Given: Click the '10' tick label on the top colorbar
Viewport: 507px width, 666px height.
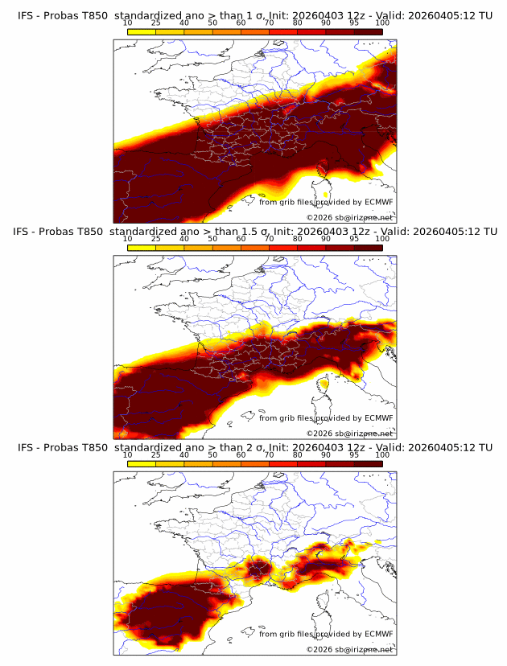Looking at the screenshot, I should click(128, 23).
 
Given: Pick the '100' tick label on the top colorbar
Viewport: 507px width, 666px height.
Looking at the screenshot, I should click(381, 23).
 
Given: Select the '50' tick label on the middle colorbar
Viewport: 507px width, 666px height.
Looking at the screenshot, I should click(212, 239).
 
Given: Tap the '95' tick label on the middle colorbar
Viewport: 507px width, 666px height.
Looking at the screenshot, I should click(354, 239).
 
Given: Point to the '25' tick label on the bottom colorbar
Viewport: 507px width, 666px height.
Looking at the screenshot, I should click(156, 455).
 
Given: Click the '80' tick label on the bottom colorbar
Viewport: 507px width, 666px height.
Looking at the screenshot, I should click(298, 455).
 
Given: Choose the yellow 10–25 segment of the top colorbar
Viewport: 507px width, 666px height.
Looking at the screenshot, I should click(142, 31).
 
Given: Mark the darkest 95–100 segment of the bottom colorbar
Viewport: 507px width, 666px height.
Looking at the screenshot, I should click(368, 464).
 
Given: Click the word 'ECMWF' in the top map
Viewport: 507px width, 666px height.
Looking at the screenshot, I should click(378, 202).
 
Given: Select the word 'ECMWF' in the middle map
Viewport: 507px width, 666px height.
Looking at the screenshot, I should click(378, 418).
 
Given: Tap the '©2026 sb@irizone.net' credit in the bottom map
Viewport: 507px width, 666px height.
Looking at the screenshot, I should click(350, 648).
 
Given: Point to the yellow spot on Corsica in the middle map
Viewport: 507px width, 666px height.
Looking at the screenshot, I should click(324, 385).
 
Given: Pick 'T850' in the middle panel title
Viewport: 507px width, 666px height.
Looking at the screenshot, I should click(92, 231).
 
